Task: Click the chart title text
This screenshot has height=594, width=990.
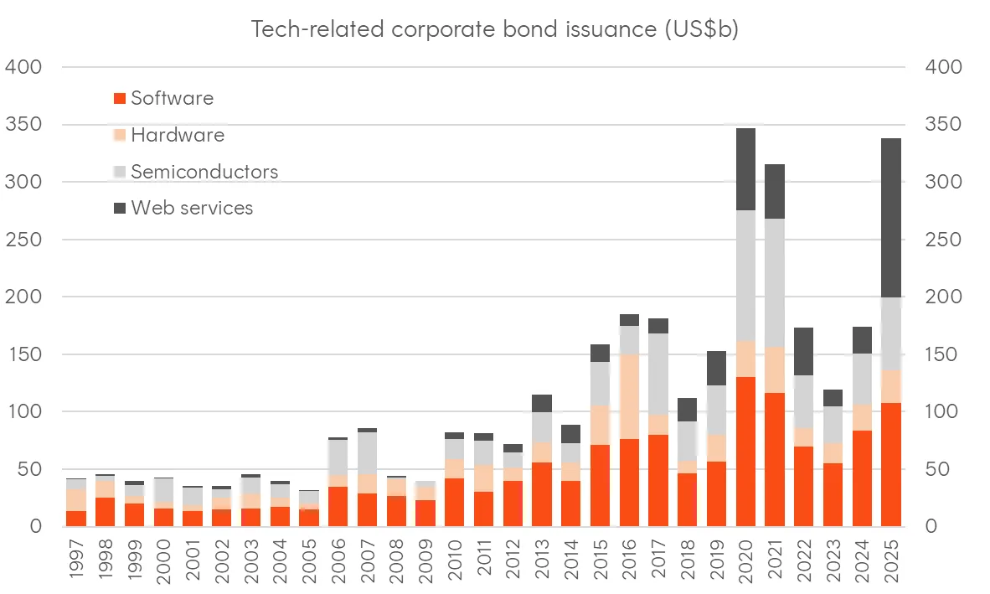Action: (x=494, y=29)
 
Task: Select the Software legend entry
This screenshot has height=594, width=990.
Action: (x=163, y=98)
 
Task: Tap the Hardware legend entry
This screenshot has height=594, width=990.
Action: (x=169, y=134)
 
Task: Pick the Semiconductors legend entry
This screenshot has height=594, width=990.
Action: (x=196, y=171)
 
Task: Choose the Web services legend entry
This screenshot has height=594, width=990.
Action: (x=183, y=208)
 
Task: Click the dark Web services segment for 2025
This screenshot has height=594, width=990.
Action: (x=891, y=218)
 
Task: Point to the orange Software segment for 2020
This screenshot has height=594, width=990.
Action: (x=745, y=452)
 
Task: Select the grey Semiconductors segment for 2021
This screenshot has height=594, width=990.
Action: (x=775, y=282)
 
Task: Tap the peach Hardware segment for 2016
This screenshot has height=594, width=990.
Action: (x=630, y=396)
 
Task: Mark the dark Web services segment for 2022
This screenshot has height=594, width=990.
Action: (x=804, y=352)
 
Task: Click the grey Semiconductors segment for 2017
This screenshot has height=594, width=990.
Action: (x=658, y=374)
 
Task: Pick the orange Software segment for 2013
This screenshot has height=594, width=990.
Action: (x=542, y=494)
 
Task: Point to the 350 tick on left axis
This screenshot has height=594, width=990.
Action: (x=23, y=124)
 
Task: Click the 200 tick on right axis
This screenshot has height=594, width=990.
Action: (x=943, y=296)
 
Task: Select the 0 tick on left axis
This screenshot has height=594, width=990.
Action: (x=36, y=526)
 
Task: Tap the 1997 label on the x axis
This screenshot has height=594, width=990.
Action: (x=75, y=559)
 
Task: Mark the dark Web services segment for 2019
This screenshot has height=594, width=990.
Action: (x=717, y=368)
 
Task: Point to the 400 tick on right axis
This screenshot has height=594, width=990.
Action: (x=943, y=66)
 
